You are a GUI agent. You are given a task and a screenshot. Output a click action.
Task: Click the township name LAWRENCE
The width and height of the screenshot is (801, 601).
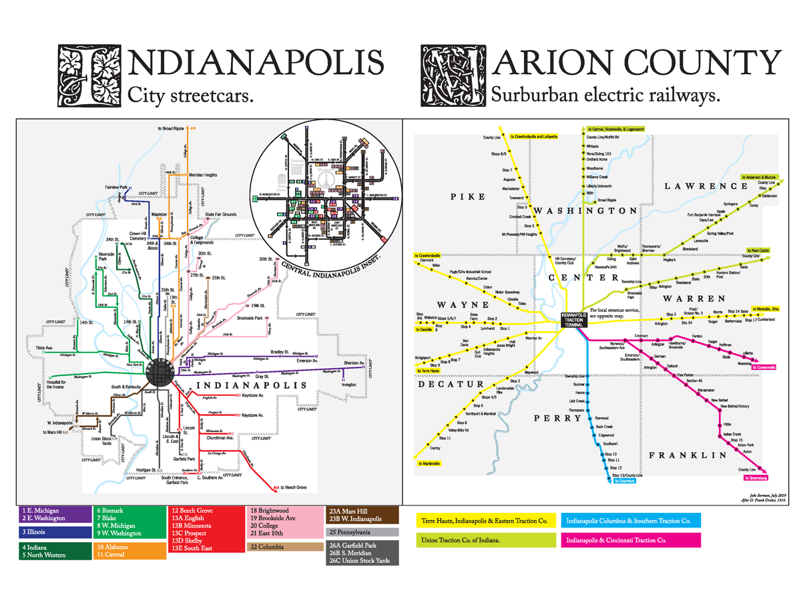(706, 186)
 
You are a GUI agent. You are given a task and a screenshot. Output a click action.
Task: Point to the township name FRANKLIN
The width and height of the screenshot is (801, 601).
(687, 455)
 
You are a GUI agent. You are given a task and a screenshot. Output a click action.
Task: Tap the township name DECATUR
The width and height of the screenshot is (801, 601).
(451, 385)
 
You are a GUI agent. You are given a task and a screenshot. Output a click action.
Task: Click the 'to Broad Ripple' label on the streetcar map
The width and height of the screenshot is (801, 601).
(173, 128)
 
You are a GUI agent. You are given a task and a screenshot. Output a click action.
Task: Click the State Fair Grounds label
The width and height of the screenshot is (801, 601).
(221, 215)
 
